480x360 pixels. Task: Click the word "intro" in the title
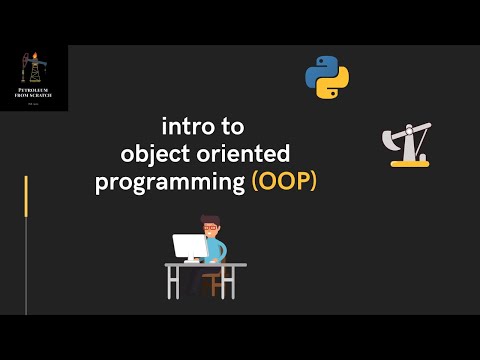coord(186,127)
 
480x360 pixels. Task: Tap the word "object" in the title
coord(151,155)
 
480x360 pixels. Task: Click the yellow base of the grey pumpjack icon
coord(410,161)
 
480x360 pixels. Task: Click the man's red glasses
coord(211,229)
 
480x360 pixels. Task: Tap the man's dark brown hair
coord(209,220)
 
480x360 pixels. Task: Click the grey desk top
coord(205,265)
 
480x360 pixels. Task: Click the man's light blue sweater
coord(218,247)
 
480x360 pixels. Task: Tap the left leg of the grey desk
coord(171,281)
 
